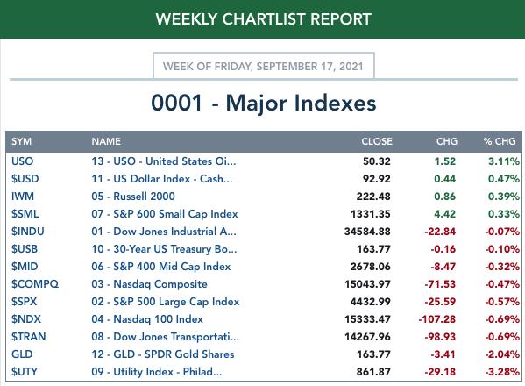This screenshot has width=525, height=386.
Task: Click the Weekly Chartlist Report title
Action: point(264,19)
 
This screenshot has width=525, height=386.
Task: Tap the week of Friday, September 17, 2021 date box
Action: point(264,66)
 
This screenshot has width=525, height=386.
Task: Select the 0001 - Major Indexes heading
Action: point(264,103)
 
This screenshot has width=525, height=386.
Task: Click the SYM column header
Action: point(21,141)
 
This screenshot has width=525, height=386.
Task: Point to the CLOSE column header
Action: point(377,141)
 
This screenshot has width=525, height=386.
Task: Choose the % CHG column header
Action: point(500,141)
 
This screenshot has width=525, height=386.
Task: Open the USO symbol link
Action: point(23,161)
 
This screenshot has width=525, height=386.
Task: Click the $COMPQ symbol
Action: point(35,284)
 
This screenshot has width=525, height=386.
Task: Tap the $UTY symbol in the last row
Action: point(25,372)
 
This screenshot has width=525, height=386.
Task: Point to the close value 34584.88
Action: point(367,232)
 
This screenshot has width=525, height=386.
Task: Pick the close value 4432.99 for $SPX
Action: point(371,302)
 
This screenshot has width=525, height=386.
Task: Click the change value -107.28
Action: point(437,319)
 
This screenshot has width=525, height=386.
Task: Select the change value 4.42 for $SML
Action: point(445,214)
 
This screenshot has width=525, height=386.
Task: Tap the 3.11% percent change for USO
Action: point(504,161)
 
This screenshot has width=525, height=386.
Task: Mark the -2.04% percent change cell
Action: point(502,354)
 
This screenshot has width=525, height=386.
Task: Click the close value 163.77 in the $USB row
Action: point(373,249)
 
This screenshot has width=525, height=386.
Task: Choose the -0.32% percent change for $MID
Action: point(502,267)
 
